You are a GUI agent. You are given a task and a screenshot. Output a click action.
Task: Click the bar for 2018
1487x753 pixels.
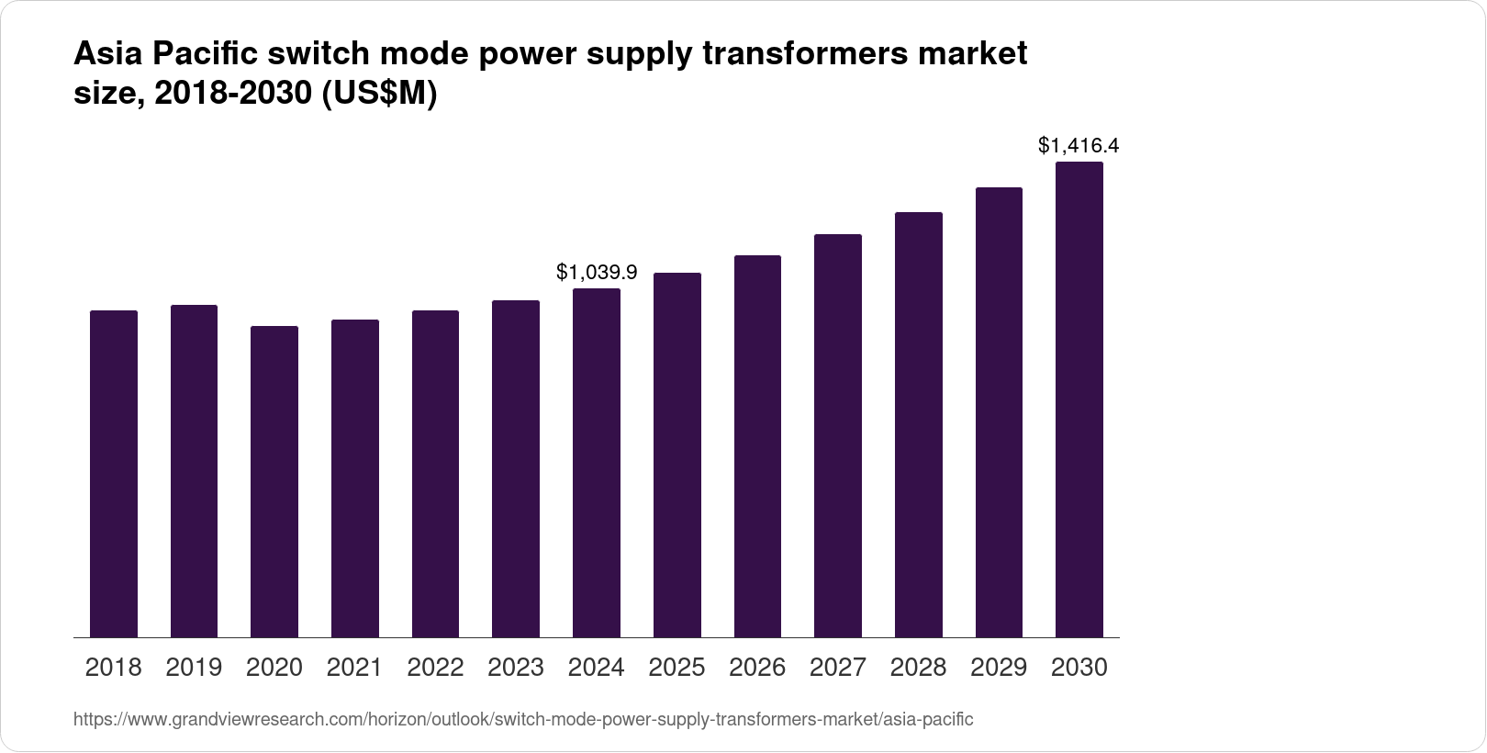(114, 474)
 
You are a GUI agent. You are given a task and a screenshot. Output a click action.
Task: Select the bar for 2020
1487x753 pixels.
(274, 481)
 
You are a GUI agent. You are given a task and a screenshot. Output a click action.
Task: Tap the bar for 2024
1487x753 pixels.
(597, 463)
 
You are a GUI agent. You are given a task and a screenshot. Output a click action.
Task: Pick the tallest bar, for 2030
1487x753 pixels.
(1079, 399)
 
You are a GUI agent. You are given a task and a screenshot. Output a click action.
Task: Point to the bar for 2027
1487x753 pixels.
(838, 435)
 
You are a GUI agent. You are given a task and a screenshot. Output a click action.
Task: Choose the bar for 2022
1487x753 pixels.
(435, 474)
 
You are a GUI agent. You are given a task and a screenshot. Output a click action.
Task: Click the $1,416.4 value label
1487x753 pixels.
(1079, 145)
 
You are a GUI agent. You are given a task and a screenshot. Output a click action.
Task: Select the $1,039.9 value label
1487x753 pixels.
(597, 272)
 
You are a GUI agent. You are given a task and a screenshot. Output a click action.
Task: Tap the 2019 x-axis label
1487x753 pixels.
(194, 668)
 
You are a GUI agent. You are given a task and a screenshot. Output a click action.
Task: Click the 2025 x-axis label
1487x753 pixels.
(676, 668)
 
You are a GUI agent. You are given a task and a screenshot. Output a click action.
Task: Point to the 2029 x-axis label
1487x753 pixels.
(999, 668)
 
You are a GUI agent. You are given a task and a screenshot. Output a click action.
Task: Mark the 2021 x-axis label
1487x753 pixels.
(354, 668)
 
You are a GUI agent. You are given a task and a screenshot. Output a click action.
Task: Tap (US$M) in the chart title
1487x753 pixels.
(378, 95)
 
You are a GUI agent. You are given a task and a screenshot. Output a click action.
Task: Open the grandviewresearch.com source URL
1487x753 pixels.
(522, 720)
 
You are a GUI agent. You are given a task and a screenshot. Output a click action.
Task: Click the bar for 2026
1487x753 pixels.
(757, 446)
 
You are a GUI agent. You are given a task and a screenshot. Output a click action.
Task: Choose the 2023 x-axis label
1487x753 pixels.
(516, 668)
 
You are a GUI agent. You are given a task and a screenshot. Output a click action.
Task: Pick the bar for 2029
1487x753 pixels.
(999, 412)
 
